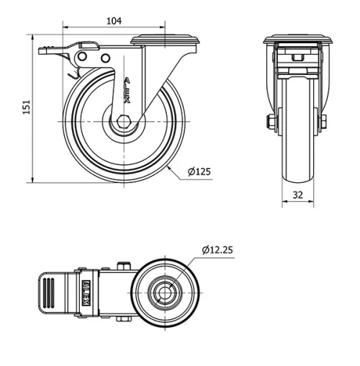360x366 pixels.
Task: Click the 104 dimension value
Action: tap(114, 21)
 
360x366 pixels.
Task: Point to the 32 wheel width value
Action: tap(297, 195)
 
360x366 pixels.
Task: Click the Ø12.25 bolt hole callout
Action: tap(217, 250)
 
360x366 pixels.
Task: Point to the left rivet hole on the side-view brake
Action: tap(83, 56)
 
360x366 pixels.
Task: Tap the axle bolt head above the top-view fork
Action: tap(125, 265)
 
